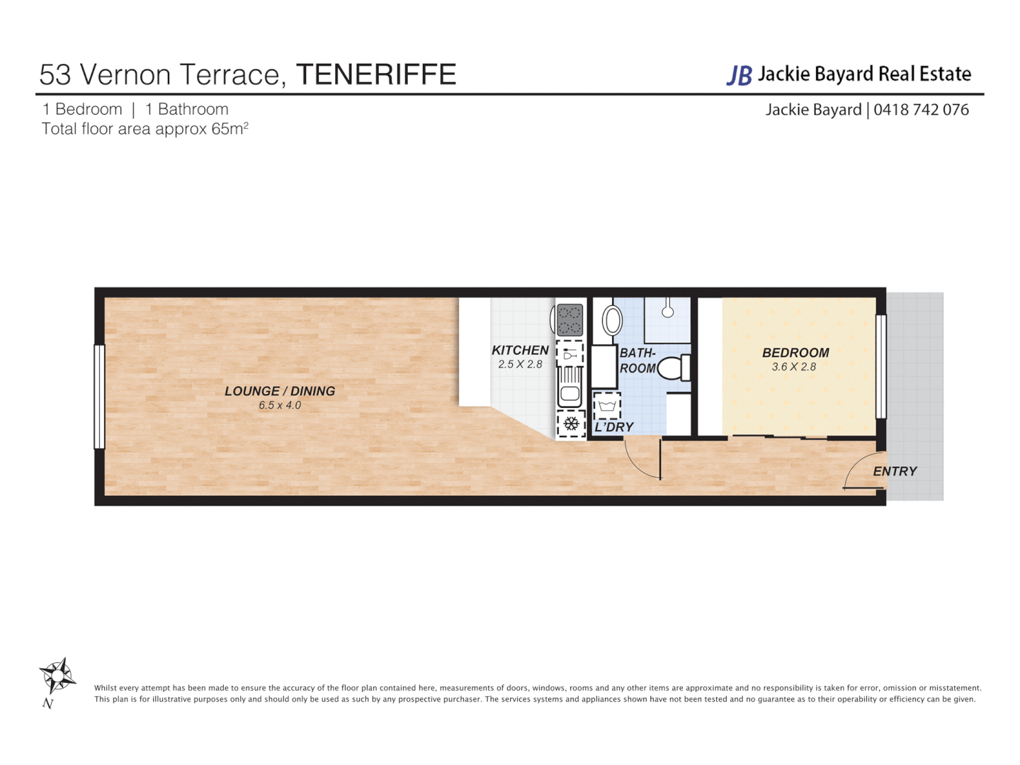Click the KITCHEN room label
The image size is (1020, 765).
520,350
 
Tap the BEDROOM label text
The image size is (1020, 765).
795,353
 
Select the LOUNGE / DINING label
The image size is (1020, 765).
280,391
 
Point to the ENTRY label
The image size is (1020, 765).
895,471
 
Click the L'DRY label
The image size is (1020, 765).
614,427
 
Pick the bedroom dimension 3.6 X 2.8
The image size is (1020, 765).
794,367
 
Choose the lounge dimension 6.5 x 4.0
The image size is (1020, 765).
280,406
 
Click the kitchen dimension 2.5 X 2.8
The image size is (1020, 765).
520,365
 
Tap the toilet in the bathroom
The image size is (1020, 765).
674,368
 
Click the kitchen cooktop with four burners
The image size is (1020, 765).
569,319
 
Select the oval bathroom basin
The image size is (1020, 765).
612,320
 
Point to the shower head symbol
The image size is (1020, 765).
667,310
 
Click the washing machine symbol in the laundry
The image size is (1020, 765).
607,406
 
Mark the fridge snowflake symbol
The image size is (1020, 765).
571,424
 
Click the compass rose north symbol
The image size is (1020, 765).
57,676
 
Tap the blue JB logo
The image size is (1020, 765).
739,75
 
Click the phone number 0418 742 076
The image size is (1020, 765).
921,110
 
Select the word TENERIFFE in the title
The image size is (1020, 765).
376,74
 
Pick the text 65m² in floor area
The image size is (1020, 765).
229,129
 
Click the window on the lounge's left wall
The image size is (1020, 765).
100,397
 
